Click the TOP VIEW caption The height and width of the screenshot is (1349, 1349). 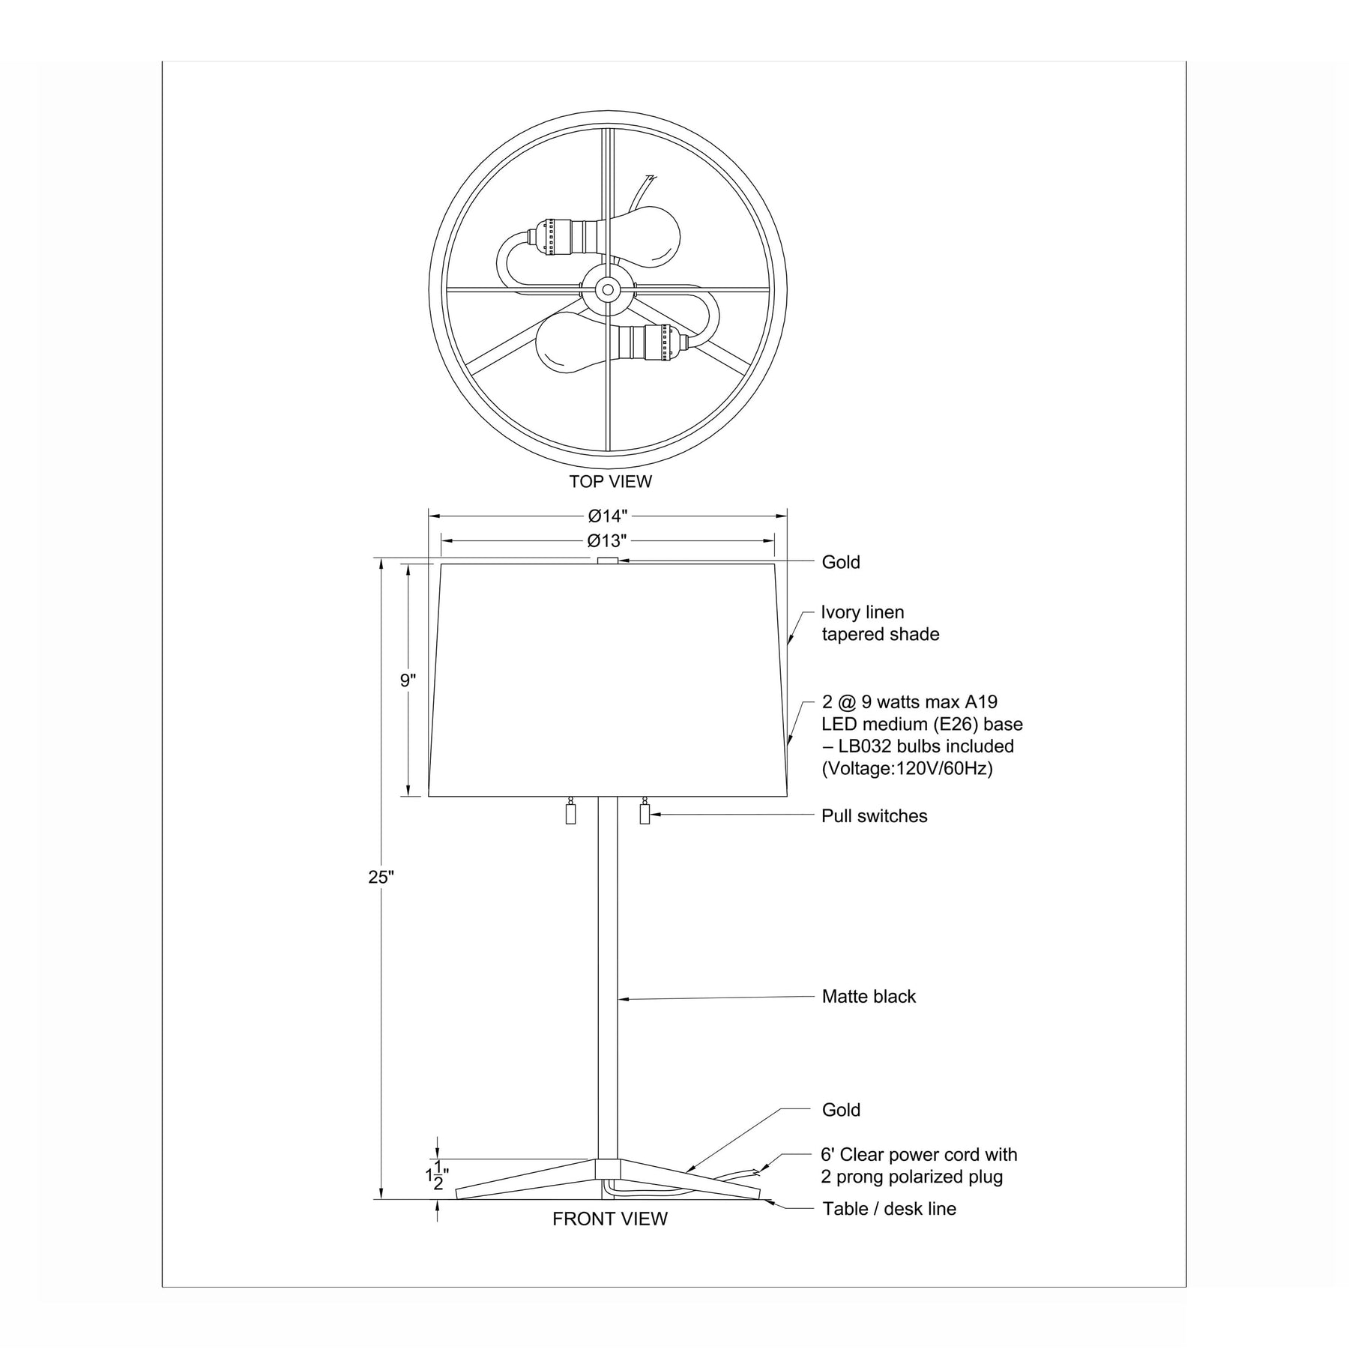[610, 481]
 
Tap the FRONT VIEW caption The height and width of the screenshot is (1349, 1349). [610, 1219]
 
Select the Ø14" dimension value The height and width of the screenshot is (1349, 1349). [608, 516]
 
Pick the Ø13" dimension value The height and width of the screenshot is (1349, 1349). [607, 540]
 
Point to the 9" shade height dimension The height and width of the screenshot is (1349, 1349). [408, 680]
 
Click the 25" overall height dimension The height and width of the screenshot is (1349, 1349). [381, 878]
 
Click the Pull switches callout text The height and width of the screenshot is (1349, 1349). [875, 816]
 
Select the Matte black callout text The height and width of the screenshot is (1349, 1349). [869, 997]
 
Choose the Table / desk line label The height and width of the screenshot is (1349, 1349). [890, 1209]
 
